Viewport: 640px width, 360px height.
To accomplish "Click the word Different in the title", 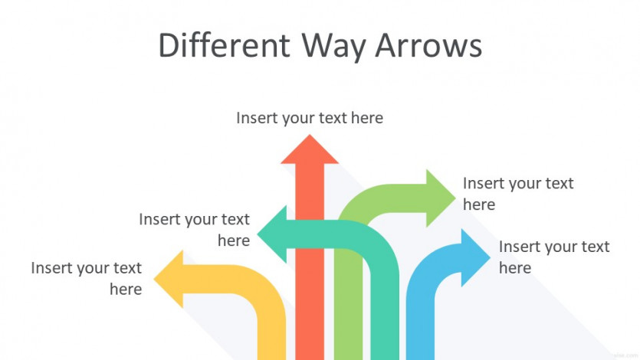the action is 224,45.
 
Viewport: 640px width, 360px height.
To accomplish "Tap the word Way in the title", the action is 334,47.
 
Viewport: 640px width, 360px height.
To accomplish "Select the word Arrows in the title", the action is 428,45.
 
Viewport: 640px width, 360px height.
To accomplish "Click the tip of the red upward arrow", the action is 310,135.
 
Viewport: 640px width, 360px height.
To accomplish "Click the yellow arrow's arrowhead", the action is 169,280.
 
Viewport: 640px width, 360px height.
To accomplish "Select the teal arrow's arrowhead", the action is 272,234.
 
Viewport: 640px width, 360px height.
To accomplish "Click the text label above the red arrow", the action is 310,118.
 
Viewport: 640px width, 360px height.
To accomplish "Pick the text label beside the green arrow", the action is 518,194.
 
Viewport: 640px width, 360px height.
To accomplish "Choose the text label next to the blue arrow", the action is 554,257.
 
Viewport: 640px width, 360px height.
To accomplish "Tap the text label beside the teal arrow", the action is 194,230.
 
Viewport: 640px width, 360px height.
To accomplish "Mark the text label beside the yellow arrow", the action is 87,279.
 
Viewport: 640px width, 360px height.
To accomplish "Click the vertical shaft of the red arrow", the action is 310,261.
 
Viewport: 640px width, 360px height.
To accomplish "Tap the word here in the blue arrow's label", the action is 515,268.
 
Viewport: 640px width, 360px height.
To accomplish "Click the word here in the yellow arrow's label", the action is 126,290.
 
